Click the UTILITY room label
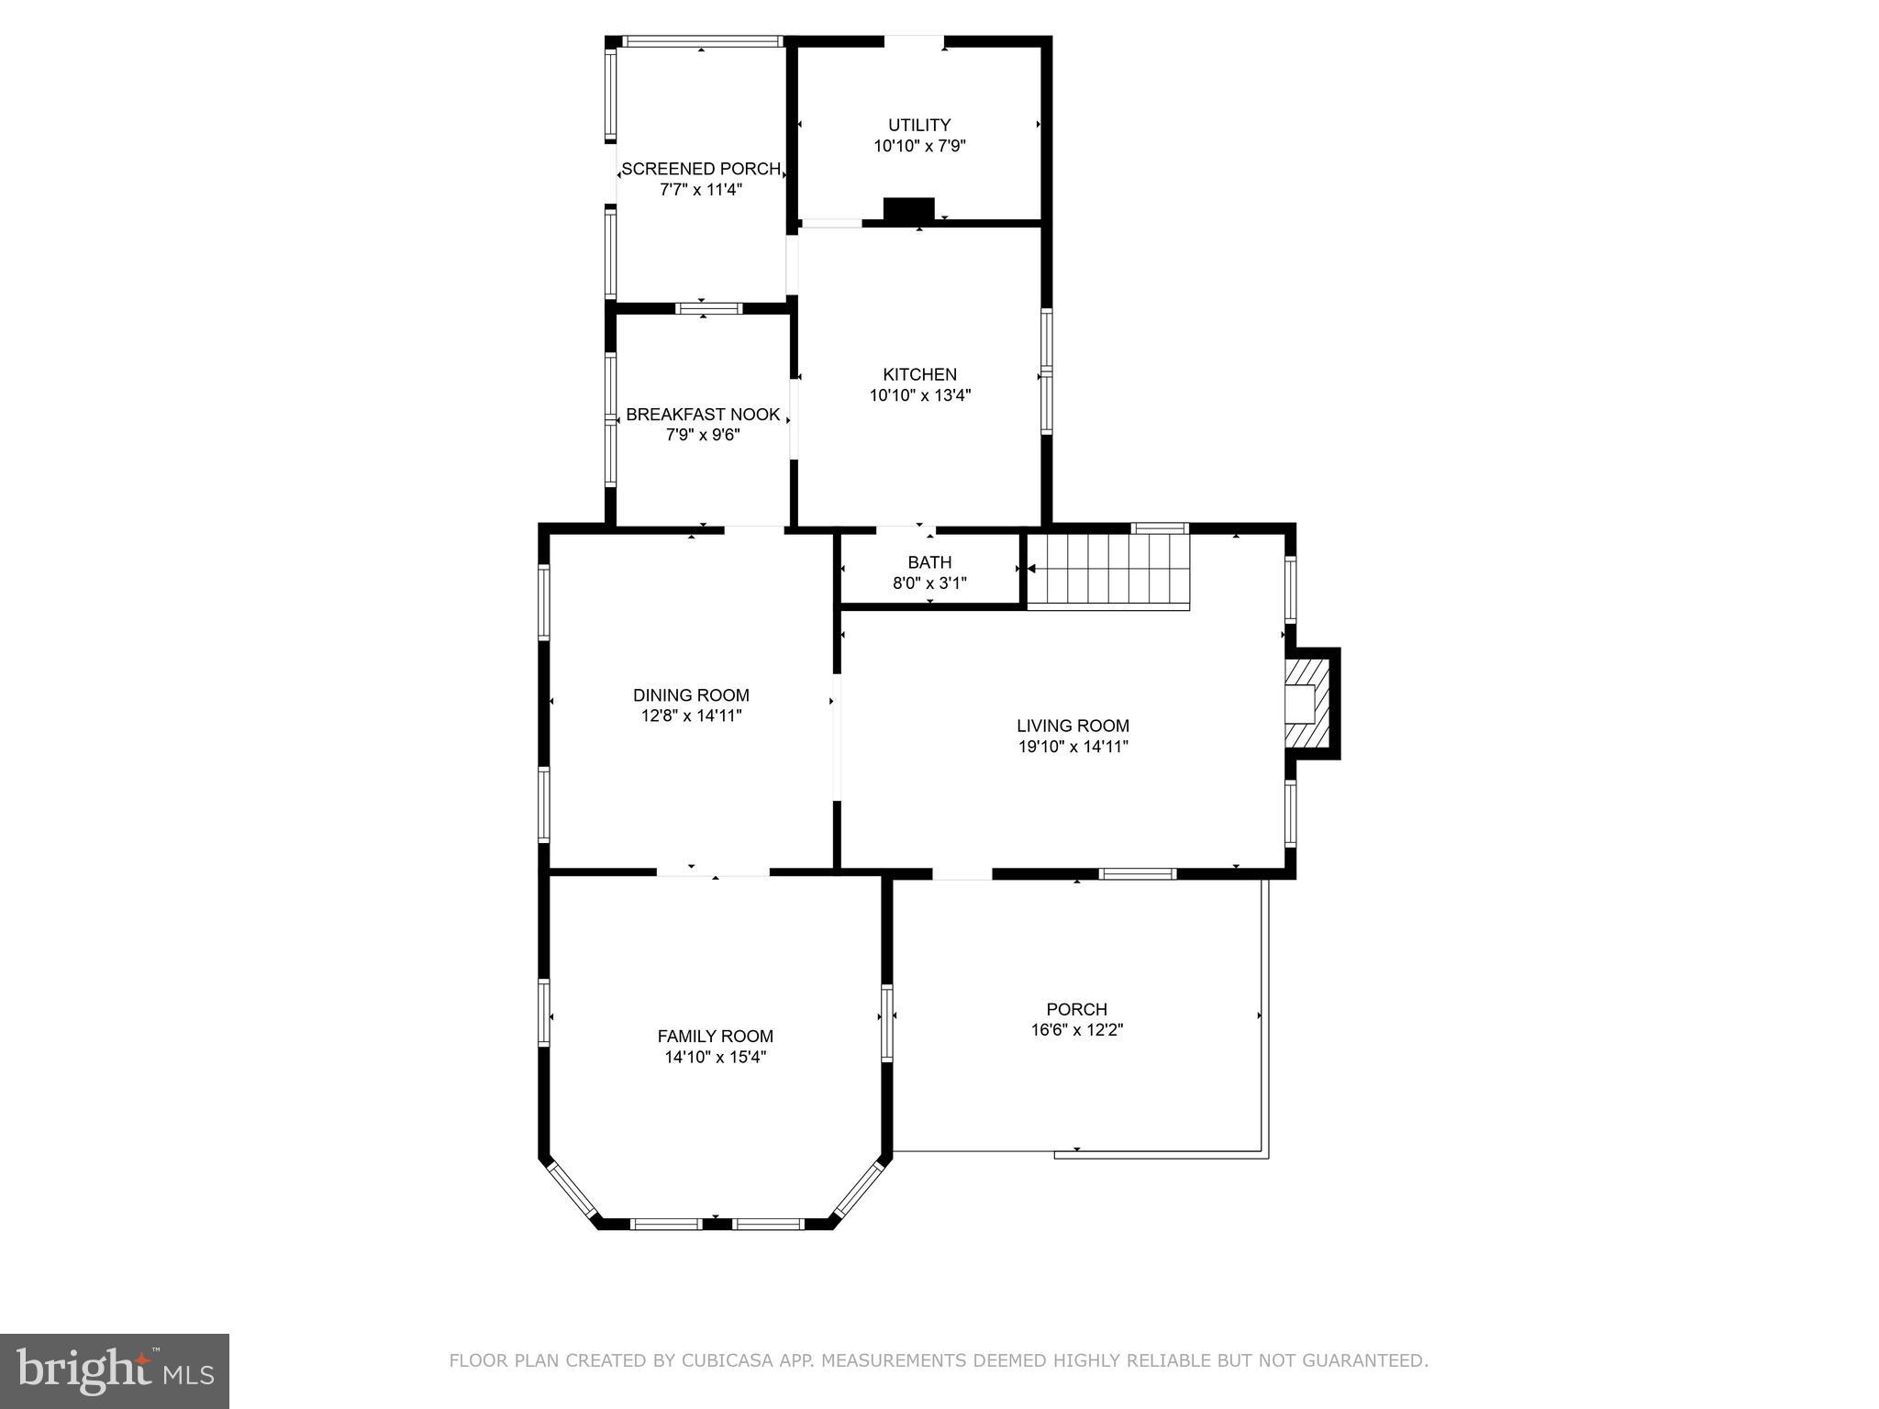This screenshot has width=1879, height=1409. pos(918,125)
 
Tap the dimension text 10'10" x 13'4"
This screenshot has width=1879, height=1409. pos(919,396)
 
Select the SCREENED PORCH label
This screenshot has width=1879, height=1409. pos(701,169)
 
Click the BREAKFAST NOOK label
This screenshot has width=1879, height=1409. pos(703,415)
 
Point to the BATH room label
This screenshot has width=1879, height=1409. pos(929,562)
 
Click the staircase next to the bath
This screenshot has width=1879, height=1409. pos(1107,571)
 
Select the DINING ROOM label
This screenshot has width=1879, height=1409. pos(691,695)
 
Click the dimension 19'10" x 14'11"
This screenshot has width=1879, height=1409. pos(1073,747)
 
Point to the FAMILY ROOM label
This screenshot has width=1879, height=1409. pos(715,1037)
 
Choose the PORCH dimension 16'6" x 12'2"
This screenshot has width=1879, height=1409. pos(1076,1030)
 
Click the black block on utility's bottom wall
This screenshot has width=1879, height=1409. pos(908,210)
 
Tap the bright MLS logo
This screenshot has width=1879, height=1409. pos(115,1370)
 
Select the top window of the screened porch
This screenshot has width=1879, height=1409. pos(702,41)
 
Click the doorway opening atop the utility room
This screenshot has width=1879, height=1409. pos(914,41)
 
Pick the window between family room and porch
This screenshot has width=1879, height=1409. pos(887,1023)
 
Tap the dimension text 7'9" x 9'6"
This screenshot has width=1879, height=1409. pos(703,435)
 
